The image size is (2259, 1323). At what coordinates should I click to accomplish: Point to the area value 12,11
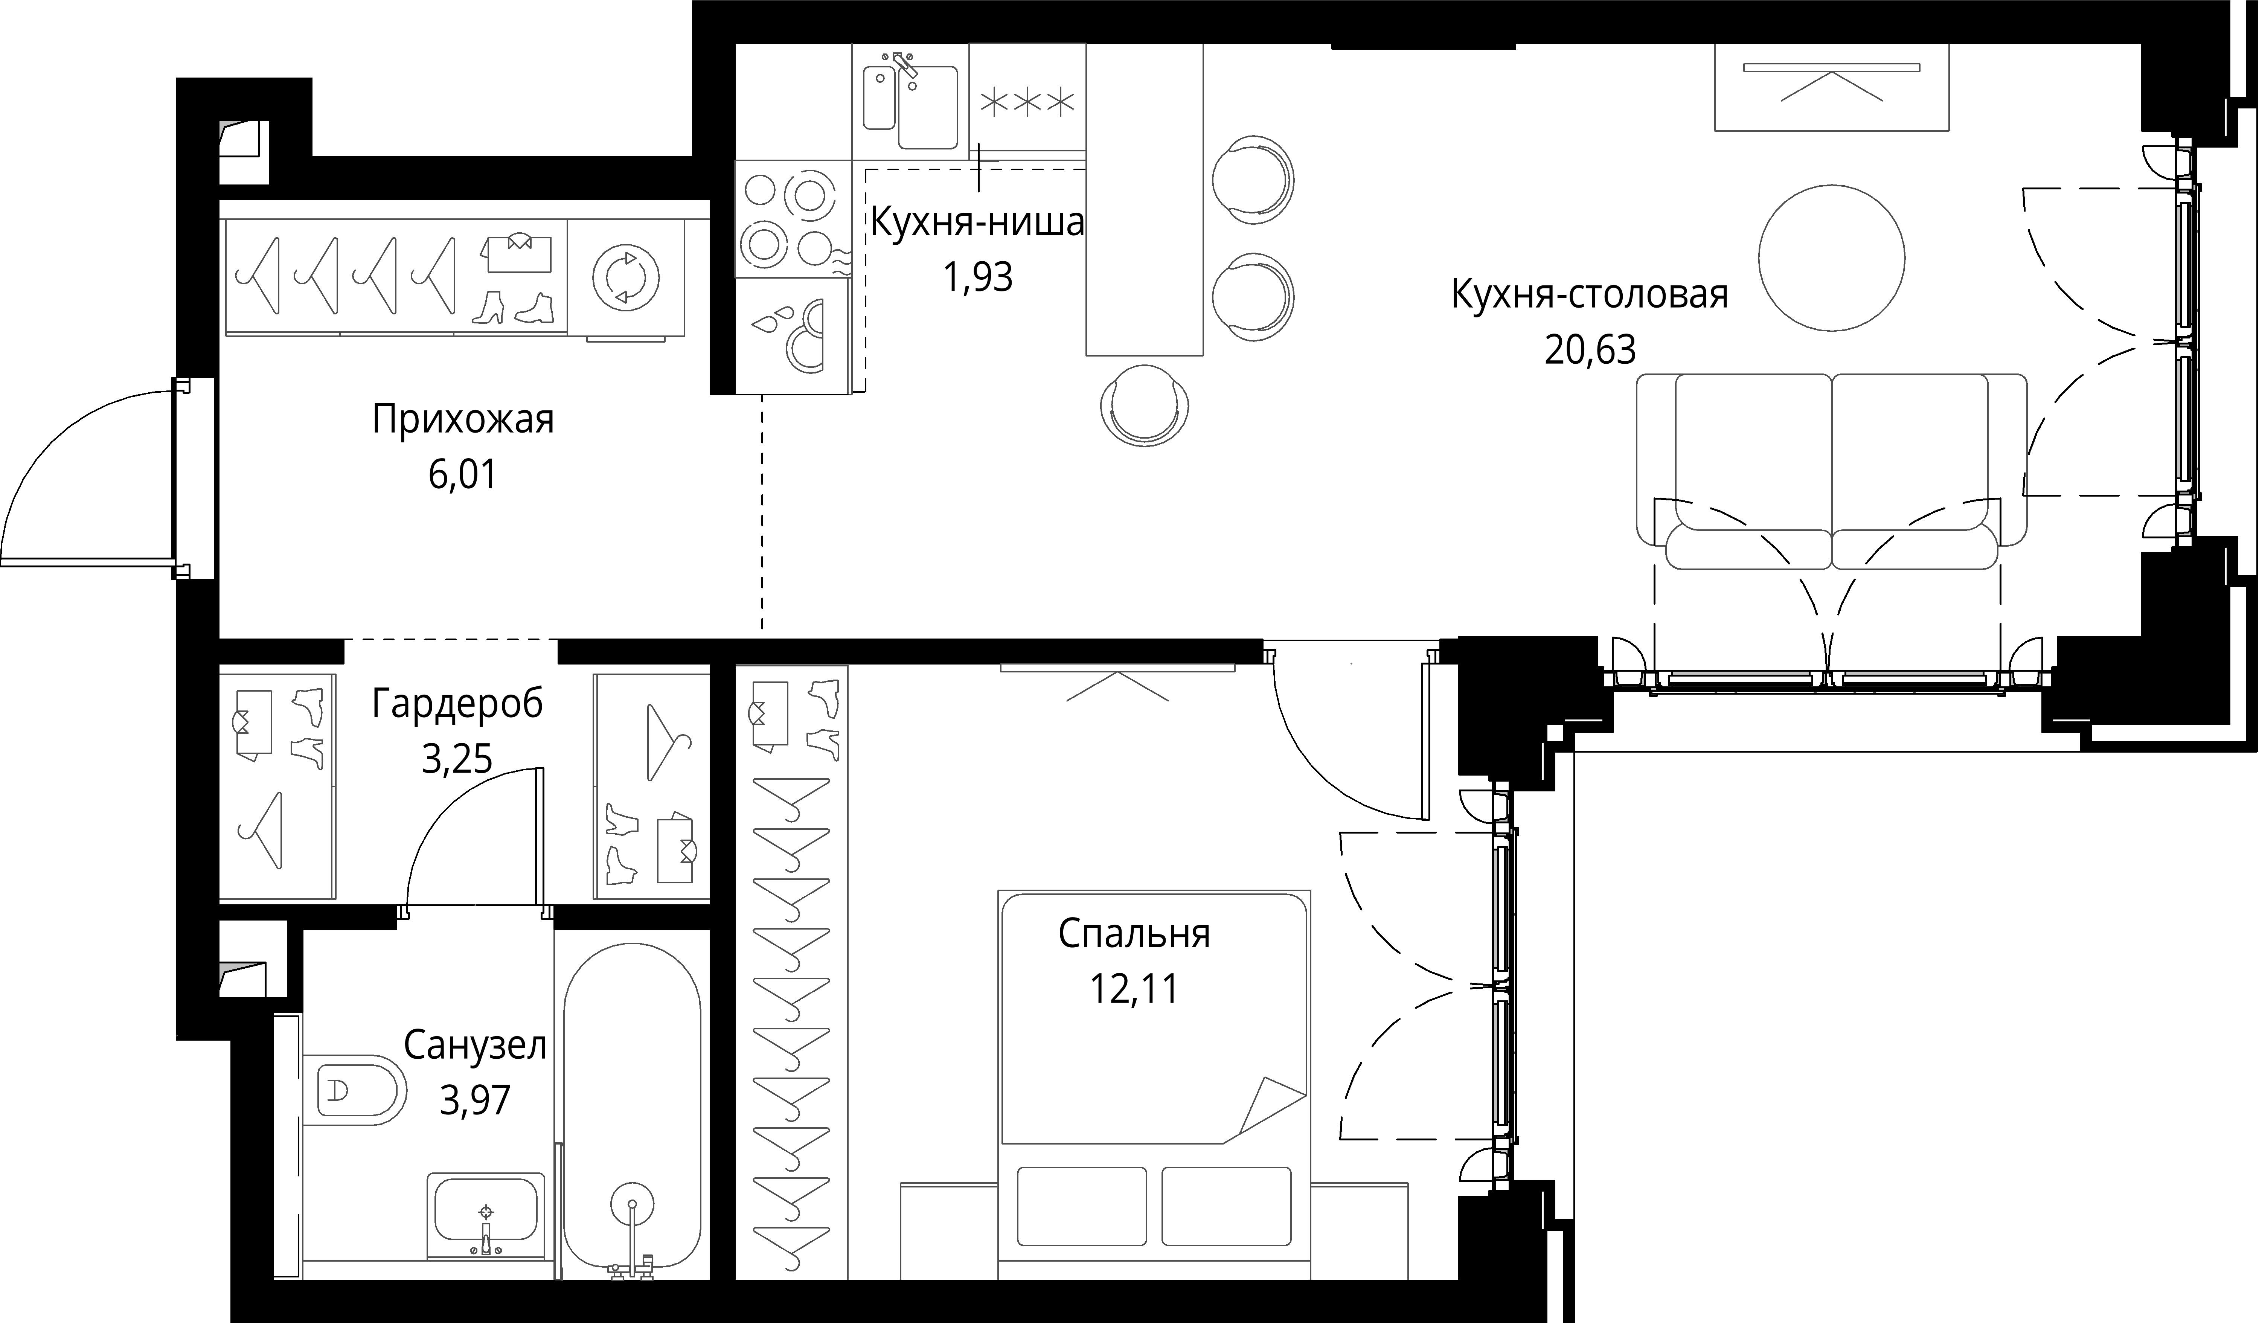tap(1134, 989)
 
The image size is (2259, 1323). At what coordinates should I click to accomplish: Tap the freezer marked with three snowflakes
tap(1027, 103)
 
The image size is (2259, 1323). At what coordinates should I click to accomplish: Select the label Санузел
tap(475, 1045)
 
